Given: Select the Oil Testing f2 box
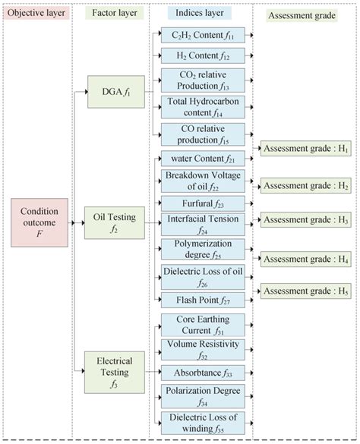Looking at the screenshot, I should (x=115, y=223).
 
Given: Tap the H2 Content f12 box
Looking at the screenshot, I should (x=203, y=55).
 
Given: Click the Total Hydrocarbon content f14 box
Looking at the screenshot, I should (x=203, y=107).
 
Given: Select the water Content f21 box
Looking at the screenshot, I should (x=203, y=159).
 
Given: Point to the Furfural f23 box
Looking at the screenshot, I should (x=203, y=203).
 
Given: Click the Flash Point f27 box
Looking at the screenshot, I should (x=203, y=300).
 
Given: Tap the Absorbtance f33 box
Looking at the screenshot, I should (x=203, y=372).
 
